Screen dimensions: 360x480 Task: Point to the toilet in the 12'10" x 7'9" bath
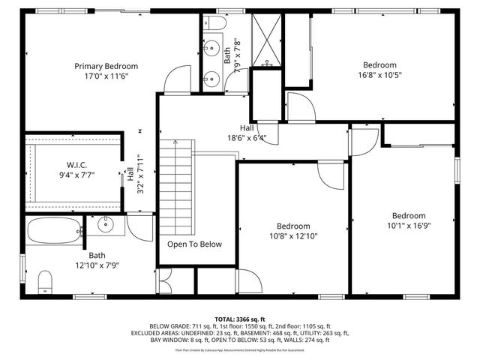coord(46,281)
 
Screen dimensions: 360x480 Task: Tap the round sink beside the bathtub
coord(106,223)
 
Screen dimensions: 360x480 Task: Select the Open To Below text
coord(194,244)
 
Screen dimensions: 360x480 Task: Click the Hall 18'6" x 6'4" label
coord(247,133)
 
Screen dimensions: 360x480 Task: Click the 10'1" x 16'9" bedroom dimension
coord(409,224)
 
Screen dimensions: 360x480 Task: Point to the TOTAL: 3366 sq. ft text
coord(240,319)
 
